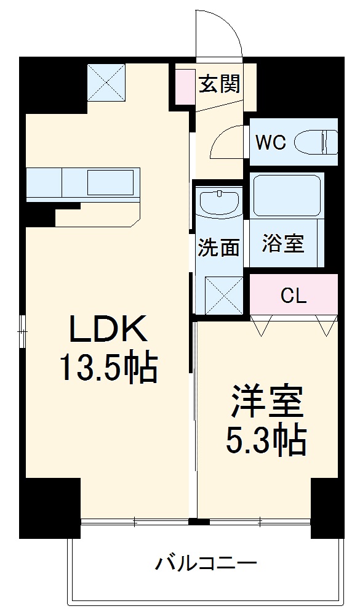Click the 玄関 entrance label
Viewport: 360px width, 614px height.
[218, 84]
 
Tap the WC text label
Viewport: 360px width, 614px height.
[271, 143]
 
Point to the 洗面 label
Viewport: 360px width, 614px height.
[218, 247]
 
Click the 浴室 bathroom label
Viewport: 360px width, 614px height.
[283, 243]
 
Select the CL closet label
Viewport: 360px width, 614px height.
[294, 296]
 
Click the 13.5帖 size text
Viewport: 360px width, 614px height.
[108, 368]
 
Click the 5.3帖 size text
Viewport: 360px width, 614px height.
[266, 439]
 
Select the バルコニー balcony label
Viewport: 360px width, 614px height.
[206, 562]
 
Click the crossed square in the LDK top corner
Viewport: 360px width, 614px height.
[106, 84]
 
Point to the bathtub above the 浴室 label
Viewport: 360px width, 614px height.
[287, 196]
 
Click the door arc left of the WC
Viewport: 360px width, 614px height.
[228, 143]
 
